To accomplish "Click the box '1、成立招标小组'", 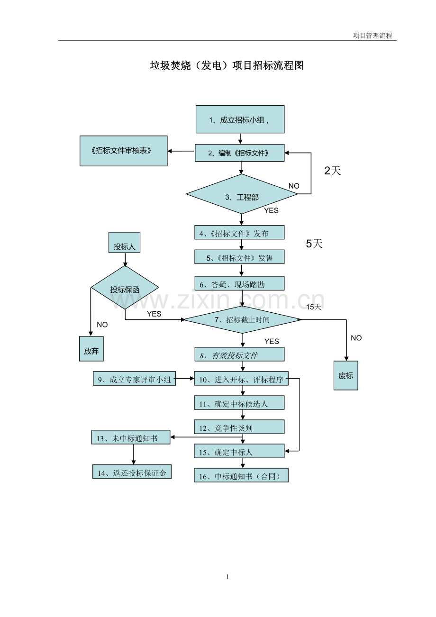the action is [240, 119].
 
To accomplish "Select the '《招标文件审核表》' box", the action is [123, 151].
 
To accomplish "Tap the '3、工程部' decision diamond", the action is [242, 194].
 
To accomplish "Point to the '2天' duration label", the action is [332, 171].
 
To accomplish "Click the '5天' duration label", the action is [314, 244].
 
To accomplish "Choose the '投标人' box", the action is [124, 243].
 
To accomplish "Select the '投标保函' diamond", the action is [125, 288].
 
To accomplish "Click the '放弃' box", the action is [91, 348].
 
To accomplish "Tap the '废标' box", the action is [345, 375].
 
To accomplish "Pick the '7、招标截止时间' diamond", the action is [243, 319].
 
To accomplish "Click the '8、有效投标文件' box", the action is [239, 354].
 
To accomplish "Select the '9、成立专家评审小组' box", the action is [134, 379].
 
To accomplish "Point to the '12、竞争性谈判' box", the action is [239, 427].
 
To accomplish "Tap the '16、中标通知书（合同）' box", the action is [241, 475].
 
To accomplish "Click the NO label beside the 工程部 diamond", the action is [294, 186].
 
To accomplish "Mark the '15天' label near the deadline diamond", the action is [313, 307].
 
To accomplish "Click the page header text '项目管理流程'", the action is [372, 36].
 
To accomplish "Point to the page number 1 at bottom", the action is [227, 577].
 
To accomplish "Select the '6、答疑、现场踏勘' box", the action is [239, 283].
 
